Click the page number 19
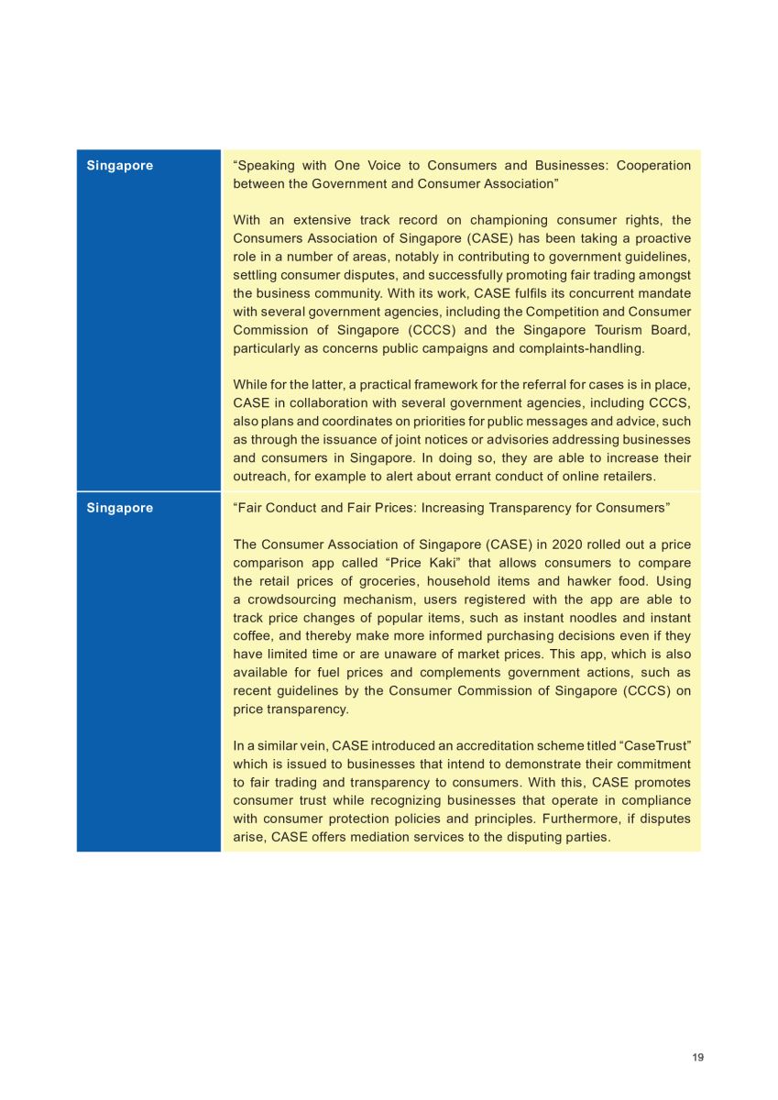(x=698, y=1057)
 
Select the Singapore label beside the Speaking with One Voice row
(x=120, y=166)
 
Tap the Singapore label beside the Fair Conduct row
(x=120, y=508)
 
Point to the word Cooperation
(x=653, y=166)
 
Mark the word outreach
(x=260, y=476)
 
